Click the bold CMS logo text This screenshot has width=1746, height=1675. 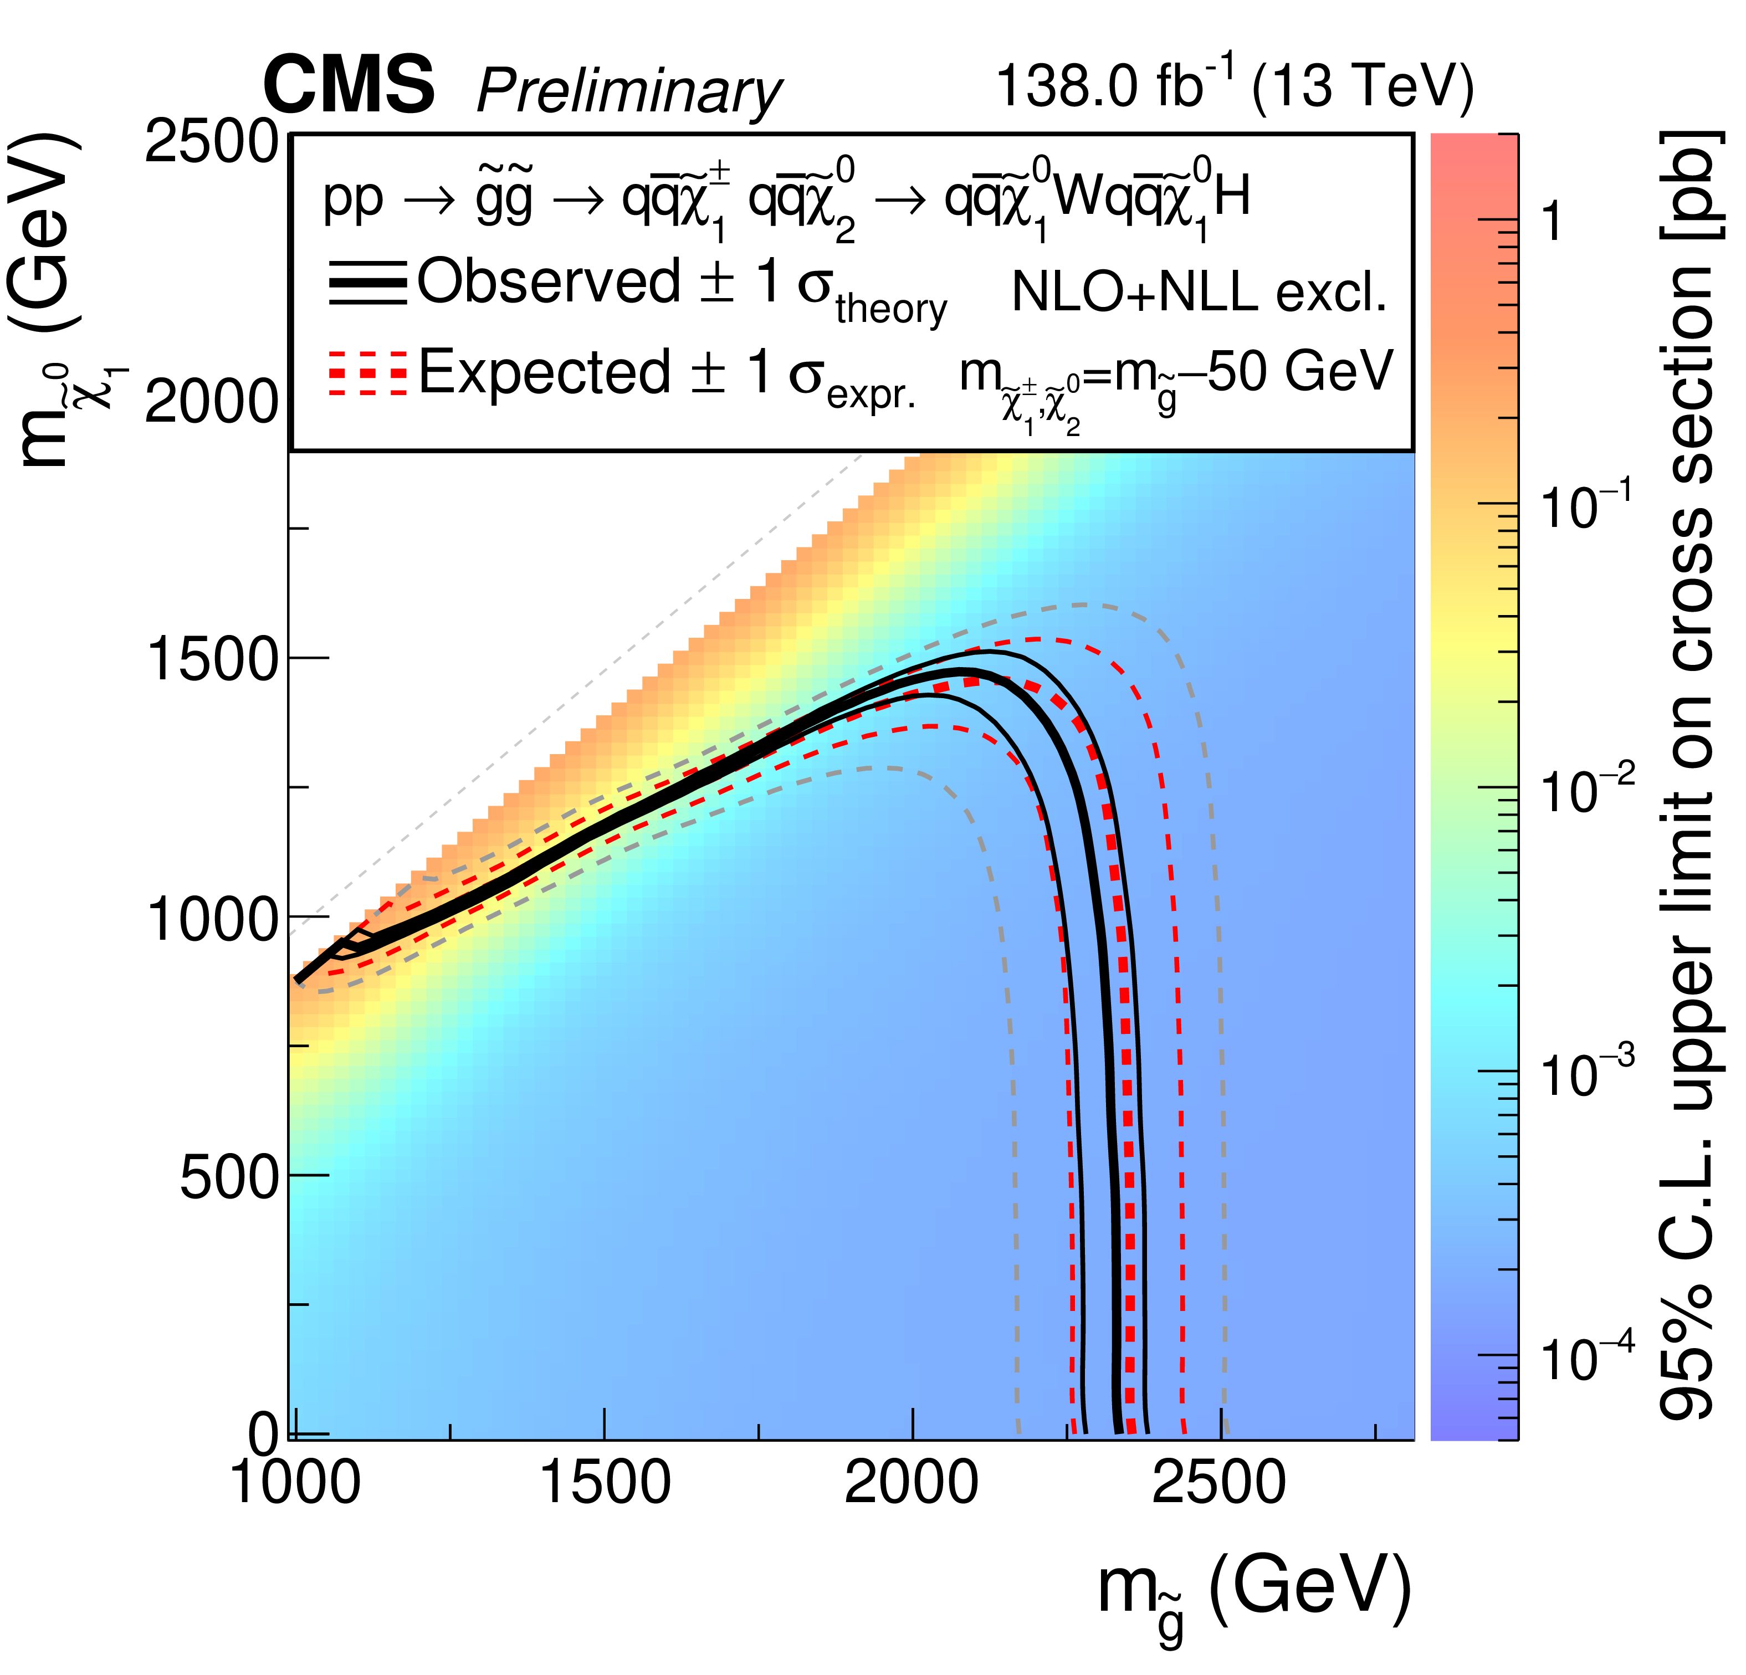(349, 85)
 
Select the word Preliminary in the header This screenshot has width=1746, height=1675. (629, 91)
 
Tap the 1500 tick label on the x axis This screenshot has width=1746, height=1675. (605, 1483)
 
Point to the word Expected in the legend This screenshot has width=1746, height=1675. (544, 372)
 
